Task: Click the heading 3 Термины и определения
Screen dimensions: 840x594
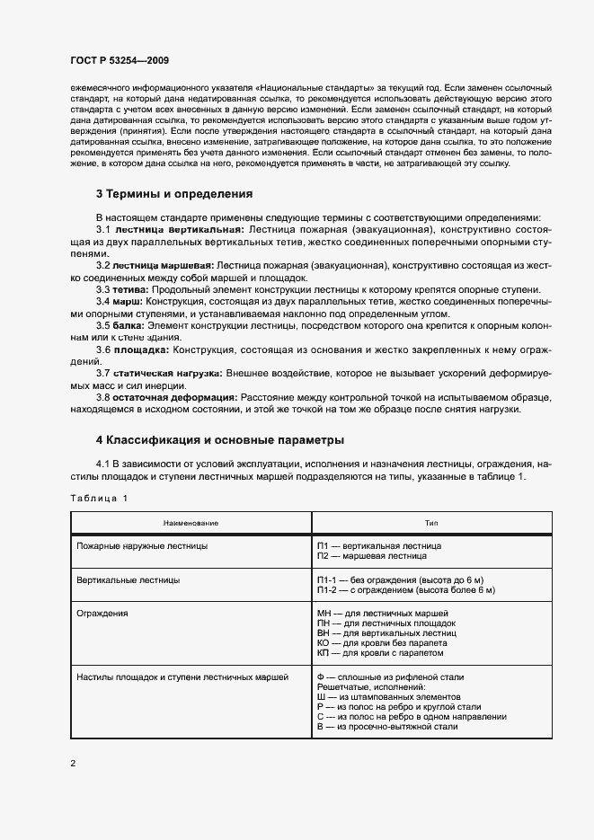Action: click(x=173, y=194)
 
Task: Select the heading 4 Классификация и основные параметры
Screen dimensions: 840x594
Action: click(x=219, y=440)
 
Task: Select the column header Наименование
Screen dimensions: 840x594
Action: click(x=191, y=523)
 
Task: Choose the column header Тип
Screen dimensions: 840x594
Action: click(x=431, y=523)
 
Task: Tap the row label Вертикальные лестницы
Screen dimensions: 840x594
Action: click(x=129, y=580)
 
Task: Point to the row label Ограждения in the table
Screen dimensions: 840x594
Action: click(x=102, y=613)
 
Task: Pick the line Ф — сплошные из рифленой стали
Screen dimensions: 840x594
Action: click(x=391, y=676)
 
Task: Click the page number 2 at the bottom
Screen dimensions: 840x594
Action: click(x=73, y=764)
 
